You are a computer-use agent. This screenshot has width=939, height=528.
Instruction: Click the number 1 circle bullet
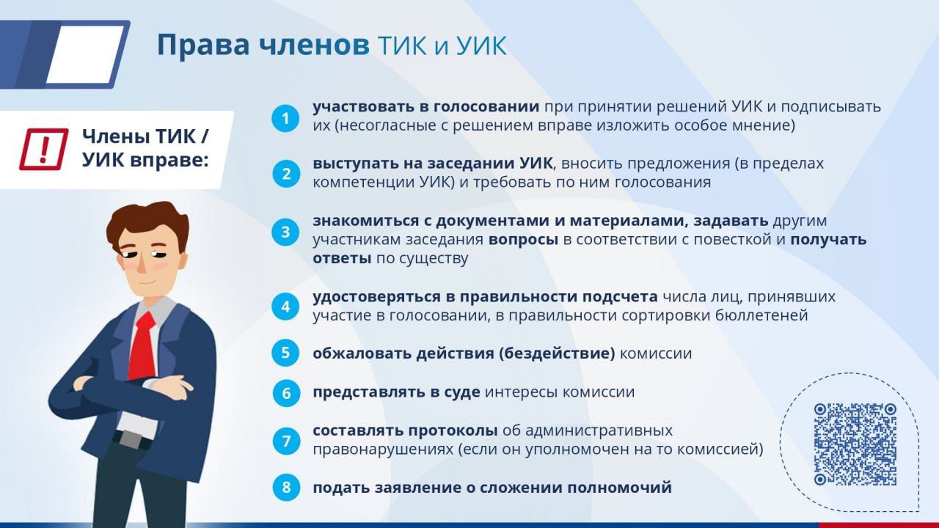click(x=285, y=119)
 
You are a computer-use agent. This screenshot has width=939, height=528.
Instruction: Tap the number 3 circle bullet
click(x=285, y=232)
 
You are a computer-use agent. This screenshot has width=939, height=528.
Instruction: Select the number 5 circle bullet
click(x=285, y=353)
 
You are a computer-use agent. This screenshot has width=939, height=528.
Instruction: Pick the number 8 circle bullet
click(x=286, y=488)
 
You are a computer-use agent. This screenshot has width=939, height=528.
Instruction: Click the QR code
click(x=855, y=444)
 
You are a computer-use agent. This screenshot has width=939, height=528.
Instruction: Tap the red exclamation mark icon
click(x=43, y=149)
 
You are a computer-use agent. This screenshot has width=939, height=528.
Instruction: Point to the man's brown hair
click(x=147, y=227)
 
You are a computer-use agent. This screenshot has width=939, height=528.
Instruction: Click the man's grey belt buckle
click(x=131, y=439)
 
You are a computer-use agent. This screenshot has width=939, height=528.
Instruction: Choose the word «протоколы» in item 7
click(x=453, y=431)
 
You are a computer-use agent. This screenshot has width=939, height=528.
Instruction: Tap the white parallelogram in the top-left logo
click(x=85, y=54)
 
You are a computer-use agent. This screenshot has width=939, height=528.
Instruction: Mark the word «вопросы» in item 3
click(x=523, y=240)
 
